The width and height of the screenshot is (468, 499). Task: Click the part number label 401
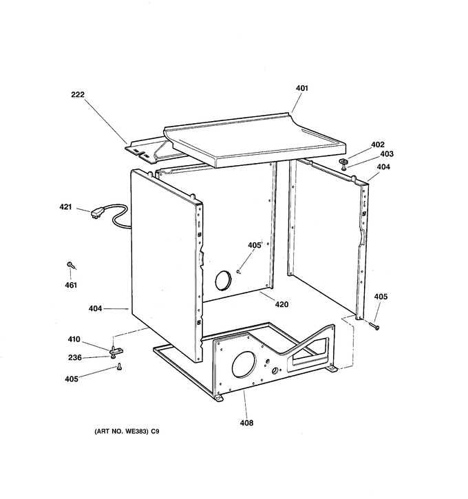(302, 88)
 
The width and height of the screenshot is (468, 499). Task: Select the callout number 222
(78, 94)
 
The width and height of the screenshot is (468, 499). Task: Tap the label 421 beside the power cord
(65, 207)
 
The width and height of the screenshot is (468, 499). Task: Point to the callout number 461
(71, 285)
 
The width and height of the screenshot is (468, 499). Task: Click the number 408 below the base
(246, 423)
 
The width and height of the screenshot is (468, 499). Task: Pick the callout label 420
(281, 304)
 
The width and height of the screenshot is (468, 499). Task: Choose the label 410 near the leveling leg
(74, 339)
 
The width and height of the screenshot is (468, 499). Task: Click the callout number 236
(75, 358)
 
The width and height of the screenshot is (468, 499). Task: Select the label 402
(378, 145)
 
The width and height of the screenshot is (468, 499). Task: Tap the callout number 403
(387, 154)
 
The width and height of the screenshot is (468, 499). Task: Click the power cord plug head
(96, 213)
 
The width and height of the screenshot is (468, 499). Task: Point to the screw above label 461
(71, 266)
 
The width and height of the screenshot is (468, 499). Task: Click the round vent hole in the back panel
(224, 281)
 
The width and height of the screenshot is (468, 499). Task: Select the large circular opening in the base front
(244, 365)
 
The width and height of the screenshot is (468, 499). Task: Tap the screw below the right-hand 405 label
(374, 326)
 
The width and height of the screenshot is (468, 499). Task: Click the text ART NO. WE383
(122, 432)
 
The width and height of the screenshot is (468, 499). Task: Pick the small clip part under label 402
(343, 164)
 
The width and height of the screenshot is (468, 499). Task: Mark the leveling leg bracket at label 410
(115, 351)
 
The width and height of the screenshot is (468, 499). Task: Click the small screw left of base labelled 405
(120, 367)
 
